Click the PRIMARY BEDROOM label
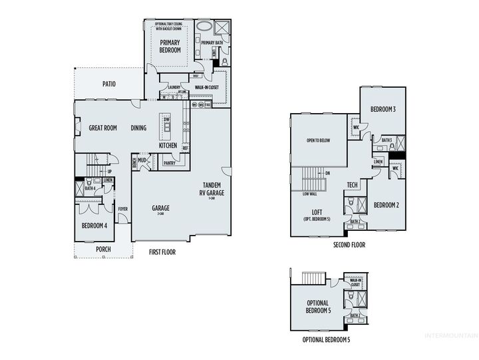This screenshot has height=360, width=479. (170, 46)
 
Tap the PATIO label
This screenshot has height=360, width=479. (110, 85)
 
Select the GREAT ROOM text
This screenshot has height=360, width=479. (102, 128)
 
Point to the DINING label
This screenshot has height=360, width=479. (138, 128)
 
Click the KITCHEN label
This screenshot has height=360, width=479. (168, 145)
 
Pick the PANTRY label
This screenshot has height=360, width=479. (168, 162)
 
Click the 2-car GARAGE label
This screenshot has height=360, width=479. (160, 209)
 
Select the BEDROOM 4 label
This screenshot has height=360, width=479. (94, 226)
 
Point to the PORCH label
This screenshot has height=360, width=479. (103, 250)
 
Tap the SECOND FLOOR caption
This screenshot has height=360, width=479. (349, 245)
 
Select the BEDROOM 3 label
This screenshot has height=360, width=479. (384, 109)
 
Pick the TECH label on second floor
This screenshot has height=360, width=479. (353, 186)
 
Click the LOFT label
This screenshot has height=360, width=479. (317, 213)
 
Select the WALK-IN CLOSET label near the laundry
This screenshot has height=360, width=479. (207, 87)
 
